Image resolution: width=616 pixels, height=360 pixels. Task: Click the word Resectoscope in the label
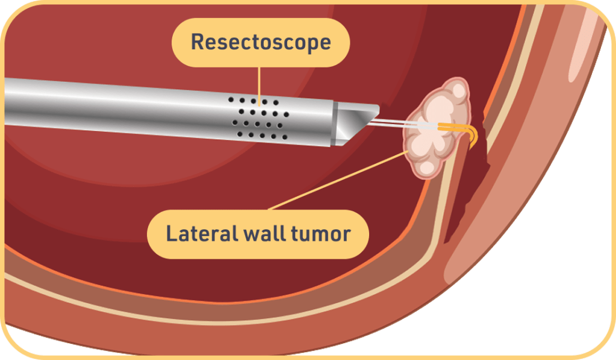coord(261,42)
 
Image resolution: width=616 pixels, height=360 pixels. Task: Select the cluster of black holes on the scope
coord(260,117)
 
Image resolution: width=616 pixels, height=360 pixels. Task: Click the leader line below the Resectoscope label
coord(260,81)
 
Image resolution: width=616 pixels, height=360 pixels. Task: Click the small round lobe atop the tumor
coord(459,90)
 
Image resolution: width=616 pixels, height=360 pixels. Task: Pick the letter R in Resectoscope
coord(197,42)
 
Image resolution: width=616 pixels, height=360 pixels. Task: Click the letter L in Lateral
coord(170,234)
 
